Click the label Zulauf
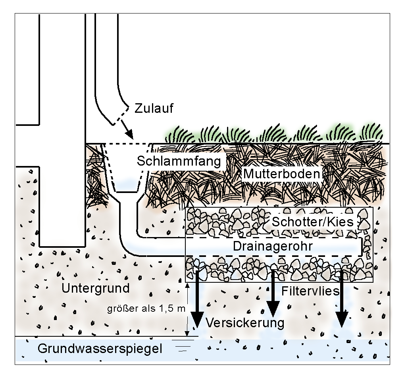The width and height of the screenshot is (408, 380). pyautogui.click(x=154, y=108)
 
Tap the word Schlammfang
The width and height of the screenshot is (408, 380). pyautogui.click(x=178, y=161)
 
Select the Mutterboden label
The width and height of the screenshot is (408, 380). pyautogui.click(x=281, y=174)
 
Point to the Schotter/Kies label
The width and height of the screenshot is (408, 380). pyautogui.click(x=312, y=222)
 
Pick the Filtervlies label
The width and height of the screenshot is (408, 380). pyautogui.click(x=310, y=291)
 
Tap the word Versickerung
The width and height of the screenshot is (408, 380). pyautogui.click(x=245, y=323)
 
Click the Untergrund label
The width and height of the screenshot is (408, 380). pyautogui.click(x=95, y=288)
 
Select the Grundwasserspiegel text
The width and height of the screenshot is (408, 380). pyautogui.click(x=100, y=349)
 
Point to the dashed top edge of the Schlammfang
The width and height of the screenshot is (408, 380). pyautogui.click(x=127, y=144)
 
